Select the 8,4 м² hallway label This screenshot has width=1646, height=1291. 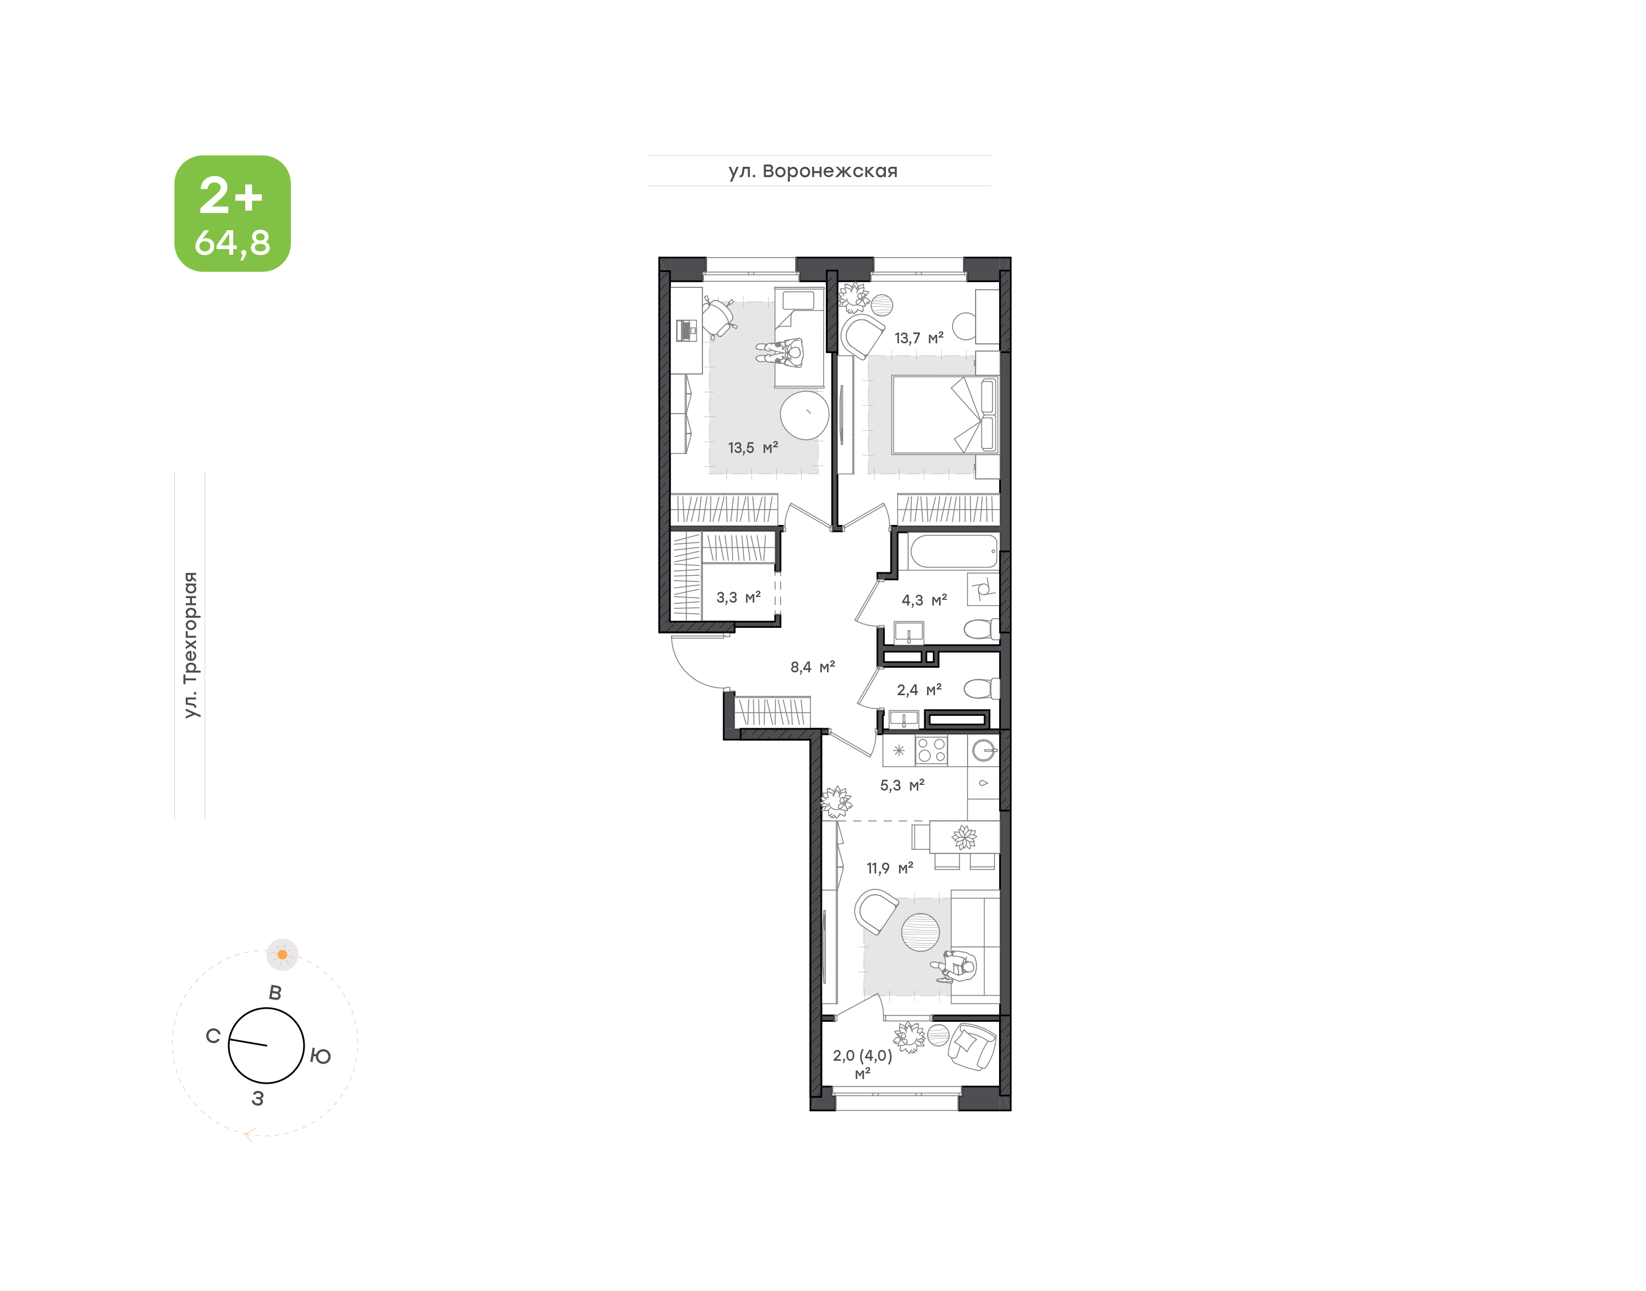click(x=812, y=667)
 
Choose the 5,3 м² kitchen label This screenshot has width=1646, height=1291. click(x=902, y=785)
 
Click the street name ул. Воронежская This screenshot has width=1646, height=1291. click(x=813, y=171)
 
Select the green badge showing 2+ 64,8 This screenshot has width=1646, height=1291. click(x=233, y=213)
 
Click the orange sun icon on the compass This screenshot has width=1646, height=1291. click(x=282, y=955)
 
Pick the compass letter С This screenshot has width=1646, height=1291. click(x=213, y=1036)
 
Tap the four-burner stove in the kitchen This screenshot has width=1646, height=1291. click(x=931, y=751)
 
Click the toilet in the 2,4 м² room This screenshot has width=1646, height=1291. click(x=981, y=688)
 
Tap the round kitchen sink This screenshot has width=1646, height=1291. click(x=984, y=751)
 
